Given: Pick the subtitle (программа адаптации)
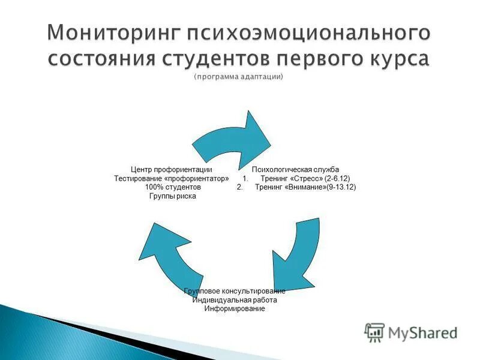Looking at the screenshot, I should (x=238, y=77).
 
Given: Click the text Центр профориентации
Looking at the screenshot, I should (x=172, y=170).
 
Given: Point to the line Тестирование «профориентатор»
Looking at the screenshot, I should (x=172, y=179).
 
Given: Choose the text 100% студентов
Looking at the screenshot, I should (x=172, y=187).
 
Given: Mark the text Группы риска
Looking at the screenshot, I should (x=172, y=196).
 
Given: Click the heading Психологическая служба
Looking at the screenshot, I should (x=295, y=170).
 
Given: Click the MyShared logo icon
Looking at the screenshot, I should (x=374, y=332).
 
